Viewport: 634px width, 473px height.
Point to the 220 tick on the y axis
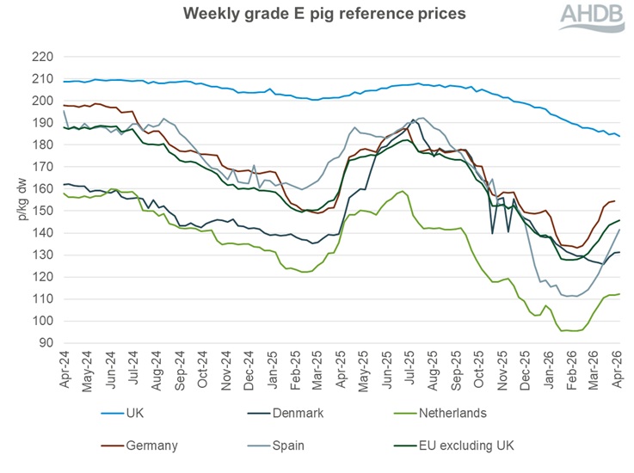[42, 57]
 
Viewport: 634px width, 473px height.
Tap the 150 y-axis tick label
[42, 211]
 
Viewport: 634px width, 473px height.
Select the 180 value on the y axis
[42, 144]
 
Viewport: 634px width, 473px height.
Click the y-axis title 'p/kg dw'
[19, 200]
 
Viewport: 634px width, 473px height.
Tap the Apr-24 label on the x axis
[65, 369]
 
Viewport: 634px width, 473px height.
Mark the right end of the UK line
[620, 136]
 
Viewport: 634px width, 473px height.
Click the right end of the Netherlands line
[620, 294]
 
